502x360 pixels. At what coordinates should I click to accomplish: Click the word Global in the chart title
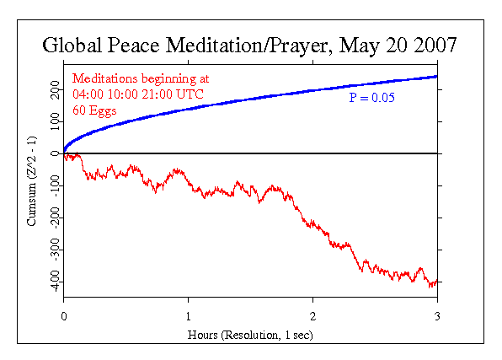(x=73, y=46)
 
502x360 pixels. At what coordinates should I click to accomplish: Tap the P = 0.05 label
(x=372, y=98)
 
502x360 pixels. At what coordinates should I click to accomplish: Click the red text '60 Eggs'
(x=93, y=111)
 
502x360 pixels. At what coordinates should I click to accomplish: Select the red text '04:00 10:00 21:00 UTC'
(x=138, y=94)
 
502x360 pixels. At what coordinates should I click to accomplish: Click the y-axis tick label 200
(x=55, y=90)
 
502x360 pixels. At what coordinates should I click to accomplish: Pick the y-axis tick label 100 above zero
(x=55, y=121)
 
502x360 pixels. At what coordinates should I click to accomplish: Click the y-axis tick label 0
(x=55, y=153)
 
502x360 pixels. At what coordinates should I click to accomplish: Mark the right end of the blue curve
(x=437, y=77)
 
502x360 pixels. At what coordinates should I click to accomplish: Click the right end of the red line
(x=437, y=282)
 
